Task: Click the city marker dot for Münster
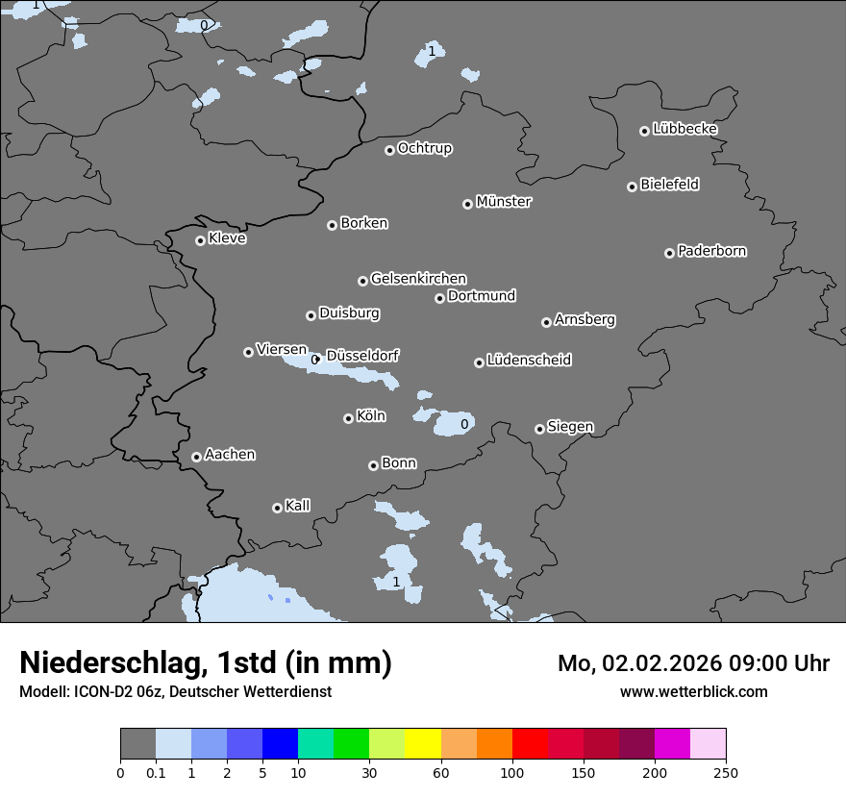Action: coord(467,204)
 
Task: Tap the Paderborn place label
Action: coord(711,251)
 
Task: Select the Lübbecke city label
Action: coord(684,129)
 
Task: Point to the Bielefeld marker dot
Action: coord(632,187)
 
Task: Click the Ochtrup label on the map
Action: coord(424,148)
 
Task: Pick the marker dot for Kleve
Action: coord(200,240)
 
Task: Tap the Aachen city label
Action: coord(230,454)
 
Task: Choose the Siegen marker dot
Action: coord(539,429)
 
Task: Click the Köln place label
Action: coord(370,416)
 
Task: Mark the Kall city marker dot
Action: coord(277,508)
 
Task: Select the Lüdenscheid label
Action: coord(529,361)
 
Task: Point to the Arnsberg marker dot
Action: coord(546,322)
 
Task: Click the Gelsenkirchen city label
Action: coord(418,279)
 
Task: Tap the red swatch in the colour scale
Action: coord(530,744)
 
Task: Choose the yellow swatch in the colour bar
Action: coord(423,744)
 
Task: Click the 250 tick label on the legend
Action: coord(725,772)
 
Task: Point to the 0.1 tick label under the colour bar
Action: coord(156,772)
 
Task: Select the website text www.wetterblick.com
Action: coord(693,691)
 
